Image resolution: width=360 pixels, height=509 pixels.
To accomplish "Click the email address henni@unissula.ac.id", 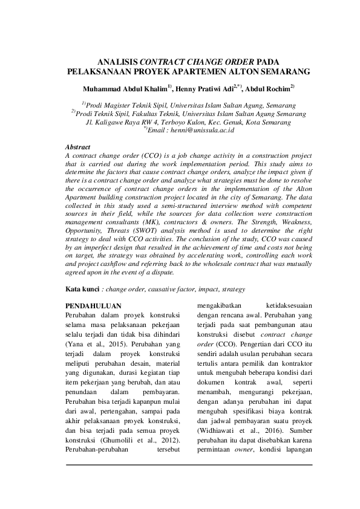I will tap(208, 130).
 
